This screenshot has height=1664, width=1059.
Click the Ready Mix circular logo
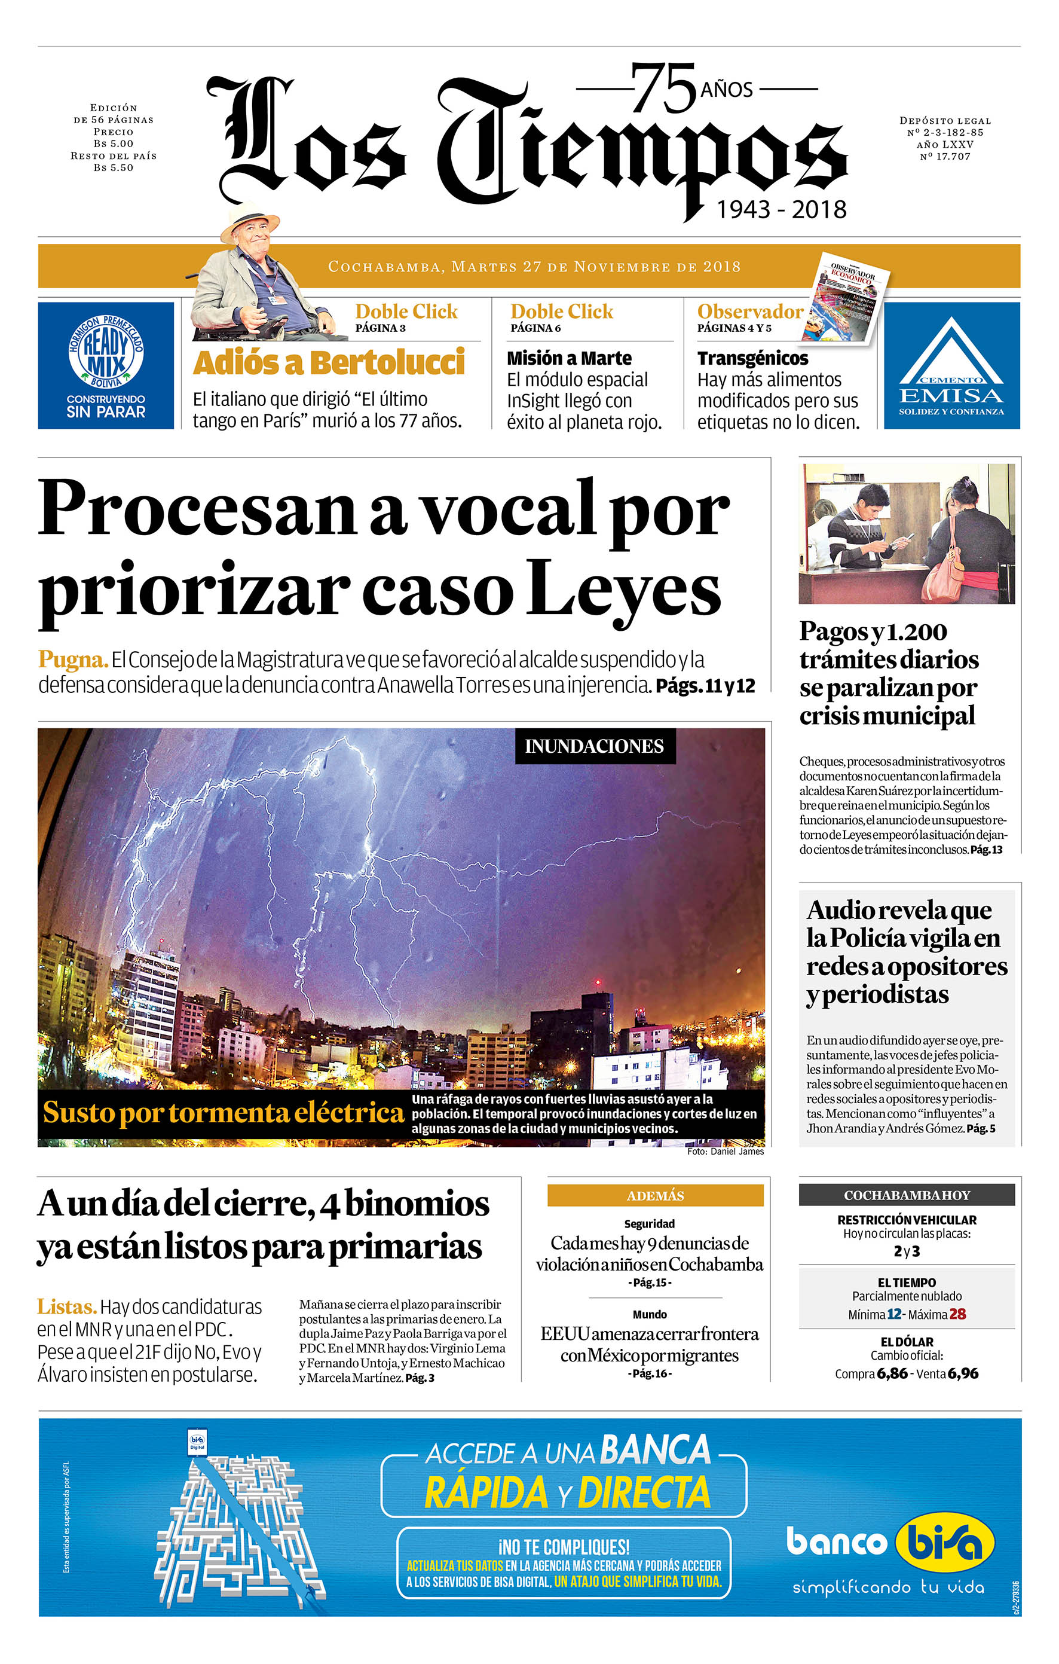click(106, 352)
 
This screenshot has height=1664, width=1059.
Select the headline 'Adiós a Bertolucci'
click(329, 363)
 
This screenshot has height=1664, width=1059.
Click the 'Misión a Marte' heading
click(569, 358)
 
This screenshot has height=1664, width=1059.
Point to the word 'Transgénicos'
click(752, 358)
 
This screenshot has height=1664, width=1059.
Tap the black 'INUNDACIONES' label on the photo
click(594, 746)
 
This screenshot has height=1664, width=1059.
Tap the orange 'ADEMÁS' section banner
click(655, 1195)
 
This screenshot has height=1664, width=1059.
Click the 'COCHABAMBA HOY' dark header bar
click(907, 1195)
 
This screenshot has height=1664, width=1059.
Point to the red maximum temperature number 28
click(957, 1314)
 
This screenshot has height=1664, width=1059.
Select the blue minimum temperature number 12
click(894, 1314)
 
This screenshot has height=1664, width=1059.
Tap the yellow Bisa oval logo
click(944, 1541)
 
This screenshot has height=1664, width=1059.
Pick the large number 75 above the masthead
click(663, 88)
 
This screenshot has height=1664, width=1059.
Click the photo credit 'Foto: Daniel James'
click(726, 1151)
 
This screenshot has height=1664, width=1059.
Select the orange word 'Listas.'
click(66, 1306)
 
